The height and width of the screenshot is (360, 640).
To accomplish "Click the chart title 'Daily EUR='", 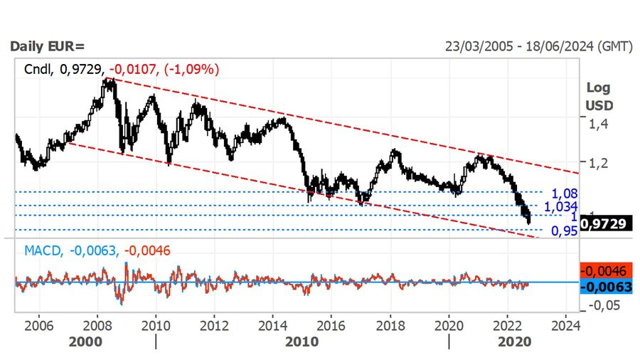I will pos(46,47).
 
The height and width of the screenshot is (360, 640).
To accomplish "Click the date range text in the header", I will pos(538,47).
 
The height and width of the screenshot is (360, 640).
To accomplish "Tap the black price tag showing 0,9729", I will pos(604,223).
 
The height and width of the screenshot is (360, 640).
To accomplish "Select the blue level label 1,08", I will pos(564,193).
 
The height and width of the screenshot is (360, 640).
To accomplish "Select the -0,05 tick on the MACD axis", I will pos(602,305).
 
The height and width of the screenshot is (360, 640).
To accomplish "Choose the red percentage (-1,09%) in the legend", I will pos(191,69).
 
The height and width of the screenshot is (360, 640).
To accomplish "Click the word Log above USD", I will pos(598,88).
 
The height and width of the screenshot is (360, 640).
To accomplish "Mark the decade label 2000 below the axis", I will pos(88,341).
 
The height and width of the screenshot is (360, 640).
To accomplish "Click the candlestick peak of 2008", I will pos(108,80).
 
